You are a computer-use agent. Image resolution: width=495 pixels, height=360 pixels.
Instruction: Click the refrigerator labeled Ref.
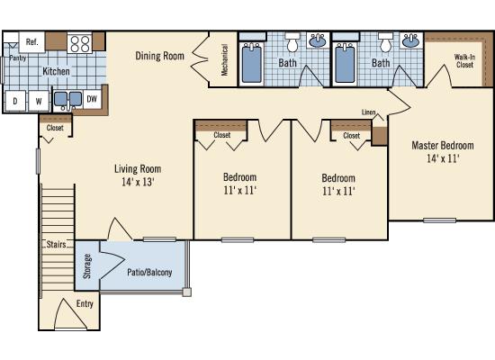31,42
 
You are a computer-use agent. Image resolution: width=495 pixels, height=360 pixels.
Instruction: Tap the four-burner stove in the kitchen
79,43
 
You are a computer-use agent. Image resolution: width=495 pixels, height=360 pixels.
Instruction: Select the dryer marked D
15,101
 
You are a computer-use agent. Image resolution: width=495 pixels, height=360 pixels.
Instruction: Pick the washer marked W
39,101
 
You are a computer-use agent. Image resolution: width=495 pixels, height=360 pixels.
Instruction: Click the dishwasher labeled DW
92,99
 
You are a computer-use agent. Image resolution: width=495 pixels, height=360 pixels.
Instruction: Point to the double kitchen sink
67,100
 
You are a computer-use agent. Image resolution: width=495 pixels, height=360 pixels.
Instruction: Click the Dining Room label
159,56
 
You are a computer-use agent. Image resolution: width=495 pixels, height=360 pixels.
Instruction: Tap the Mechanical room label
224,59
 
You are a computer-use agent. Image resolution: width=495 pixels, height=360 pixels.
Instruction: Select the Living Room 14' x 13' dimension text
138,182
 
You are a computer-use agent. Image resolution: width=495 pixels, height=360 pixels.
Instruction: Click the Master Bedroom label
443,145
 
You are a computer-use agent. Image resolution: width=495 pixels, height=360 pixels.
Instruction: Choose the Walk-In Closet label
464,61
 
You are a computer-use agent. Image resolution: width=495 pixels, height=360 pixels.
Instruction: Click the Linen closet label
368,112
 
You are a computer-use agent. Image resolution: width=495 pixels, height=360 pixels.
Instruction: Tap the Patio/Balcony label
149,272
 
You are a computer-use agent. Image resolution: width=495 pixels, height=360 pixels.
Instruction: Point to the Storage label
86,266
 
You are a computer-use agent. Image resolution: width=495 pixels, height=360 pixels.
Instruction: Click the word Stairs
56,244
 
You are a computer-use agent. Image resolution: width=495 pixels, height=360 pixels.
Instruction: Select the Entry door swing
70,313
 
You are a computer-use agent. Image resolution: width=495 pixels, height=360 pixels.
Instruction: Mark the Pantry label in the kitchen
18,58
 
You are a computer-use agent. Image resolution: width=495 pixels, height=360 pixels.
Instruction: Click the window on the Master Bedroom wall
439,220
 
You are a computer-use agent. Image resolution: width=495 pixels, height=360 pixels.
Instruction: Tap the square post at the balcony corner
187,292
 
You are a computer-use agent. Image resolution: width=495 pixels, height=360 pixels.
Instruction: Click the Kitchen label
56,71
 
